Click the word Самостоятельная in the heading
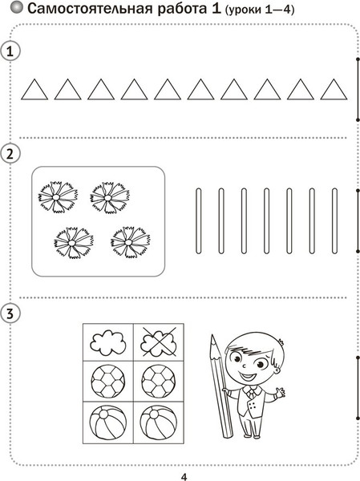[x=91, y=9]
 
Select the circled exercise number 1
[x=10, y=51]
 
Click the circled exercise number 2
[x=10, y=154]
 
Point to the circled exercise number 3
[x=10, y=313]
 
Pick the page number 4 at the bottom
[x=184, y=477]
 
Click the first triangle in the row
[x=34, y=89]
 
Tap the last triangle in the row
[x=334, y=89]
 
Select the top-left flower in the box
[x=58, y=197]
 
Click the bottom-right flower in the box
[x=130, y=242]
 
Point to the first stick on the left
[x=198, y=221]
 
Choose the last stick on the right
[x=334, y=221]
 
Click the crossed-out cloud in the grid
[x=159, y=342]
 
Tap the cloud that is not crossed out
[x=108, y=342]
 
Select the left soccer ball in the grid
[x=108, y=382]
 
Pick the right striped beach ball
[x=159, y=423]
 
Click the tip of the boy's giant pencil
[x=212, y=335]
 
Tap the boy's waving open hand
[x=280, y=392]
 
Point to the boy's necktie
[x=251, y=392]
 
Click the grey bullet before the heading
[x=17, y=8]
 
